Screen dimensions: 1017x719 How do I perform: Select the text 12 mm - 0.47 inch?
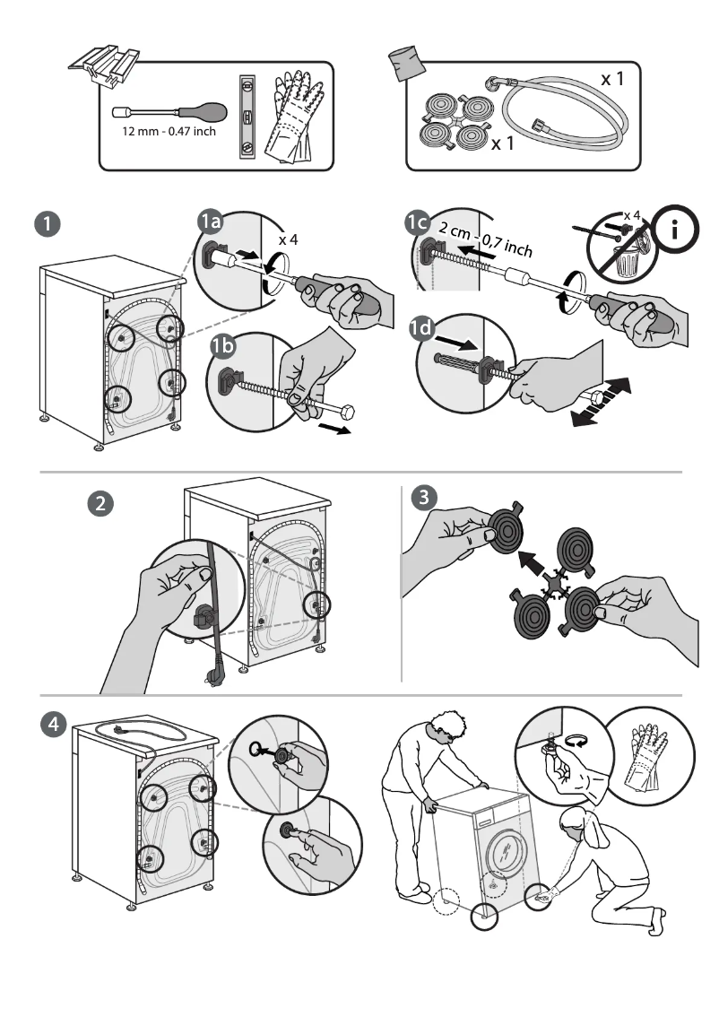[169, 133]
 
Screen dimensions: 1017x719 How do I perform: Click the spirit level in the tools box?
[247, 117]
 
